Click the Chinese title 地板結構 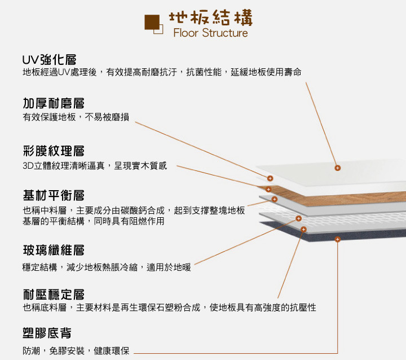(x=210, y=17)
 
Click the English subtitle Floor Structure (x=210, y=33)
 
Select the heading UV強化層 (x=49, y=60)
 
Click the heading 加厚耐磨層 (x=54, y=103)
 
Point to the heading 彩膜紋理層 (x=54, y=151)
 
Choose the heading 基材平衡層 (x=54, y=195)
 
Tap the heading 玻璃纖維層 (x=54, y=250)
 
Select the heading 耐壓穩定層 (x=54, y=295)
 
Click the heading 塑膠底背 (x=47, y=333)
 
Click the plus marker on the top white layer (x=337, y=168)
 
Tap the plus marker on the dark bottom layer (x=337, y=239)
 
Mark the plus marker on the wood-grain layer (x=268, y=190)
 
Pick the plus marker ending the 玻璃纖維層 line (x=298, y=218)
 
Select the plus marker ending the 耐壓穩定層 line (x=303, y=230)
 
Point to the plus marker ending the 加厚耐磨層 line (x=270, y=178)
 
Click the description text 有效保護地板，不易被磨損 (x=76, y=117)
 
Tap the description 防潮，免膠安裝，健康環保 (x=76, y=351)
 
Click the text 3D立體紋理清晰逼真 (x=63, y=166)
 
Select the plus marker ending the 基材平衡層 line (x=275, y=199)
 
